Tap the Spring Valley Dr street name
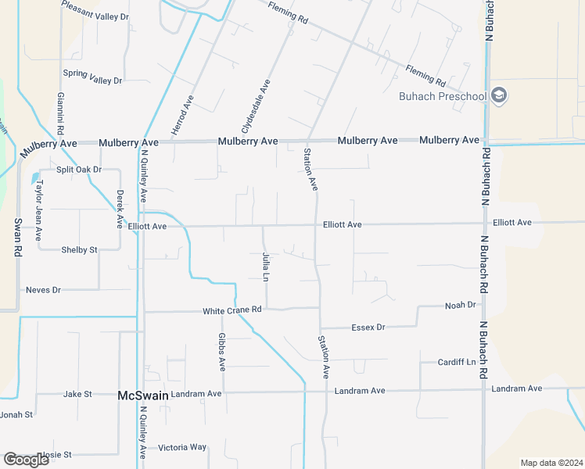pos(93,81)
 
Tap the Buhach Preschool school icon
pos(500,96)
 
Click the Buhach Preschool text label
pos(443,97)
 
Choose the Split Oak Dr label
pos(80,170)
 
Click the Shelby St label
pos(79,250)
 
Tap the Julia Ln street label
pos(266,267)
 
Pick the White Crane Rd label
pos(231,310)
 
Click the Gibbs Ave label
pos(222,352)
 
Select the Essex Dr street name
pos(369,327)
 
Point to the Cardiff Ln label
pos(457,363)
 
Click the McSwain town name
pos(142,396)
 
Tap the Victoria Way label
pos(182,448)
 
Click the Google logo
pos(26,460)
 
